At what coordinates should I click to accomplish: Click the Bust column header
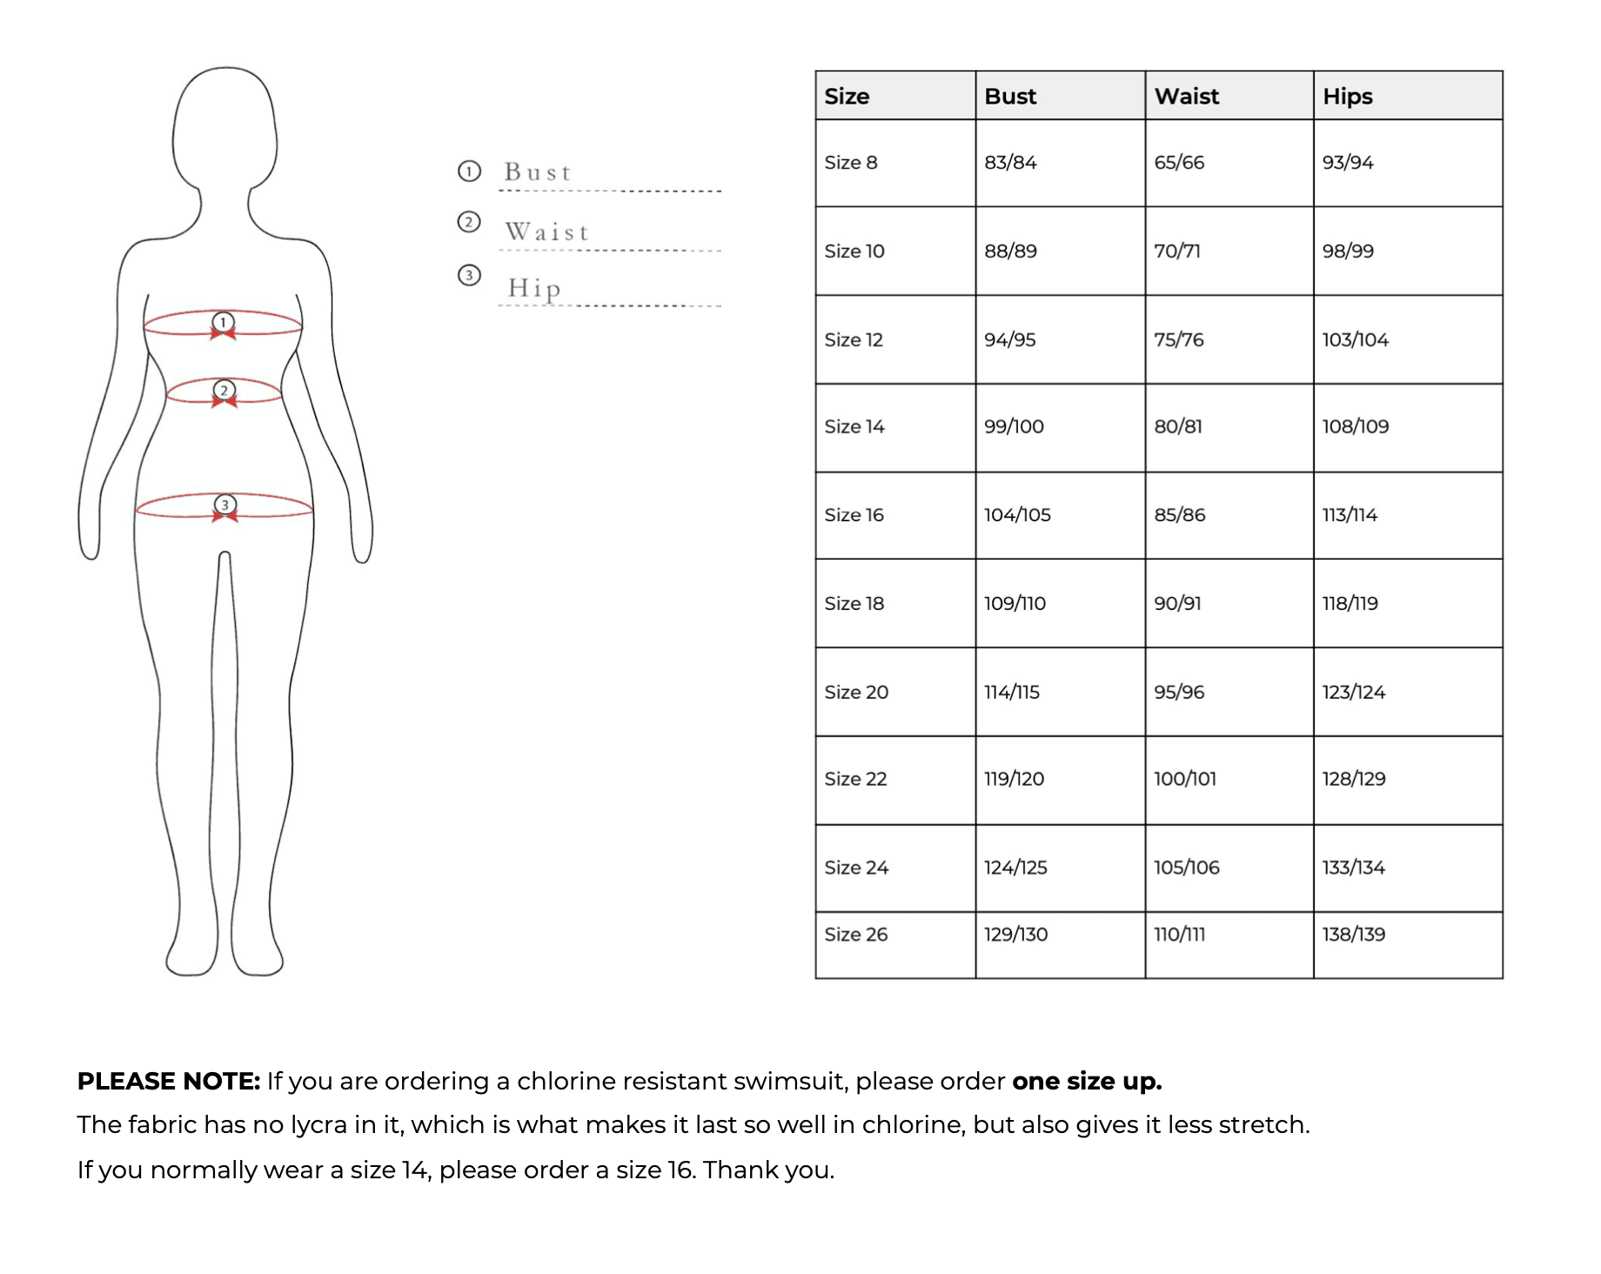tap(1010, 97)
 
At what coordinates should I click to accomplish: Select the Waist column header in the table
tap(1186, 97)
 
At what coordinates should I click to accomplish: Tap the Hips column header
tap(1347, 97)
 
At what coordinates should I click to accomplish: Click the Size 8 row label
tap(850, 163)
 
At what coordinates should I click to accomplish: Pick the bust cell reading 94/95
tap(1009, 339)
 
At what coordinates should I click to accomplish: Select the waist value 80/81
tap(1177, 426)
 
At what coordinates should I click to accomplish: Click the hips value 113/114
tap(1350, 515)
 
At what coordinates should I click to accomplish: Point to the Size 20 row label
tap(855, 692)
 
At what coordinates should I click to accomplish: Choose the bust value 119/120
tap(1014, 779)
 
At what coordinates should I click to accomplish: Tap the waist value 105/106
tap(1186, 868)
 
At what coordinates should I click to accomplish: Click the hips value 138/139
tap(1353, 935)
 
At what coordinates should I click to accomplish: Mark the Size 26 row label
tap(855, 935)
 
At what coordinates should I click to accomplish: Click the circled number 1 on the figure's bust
tap(224, 322)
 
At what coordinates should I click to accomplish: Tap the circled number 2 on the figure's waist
tap(224, 390)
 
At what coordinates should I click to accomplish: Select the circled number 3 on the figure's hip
tap(225, 504)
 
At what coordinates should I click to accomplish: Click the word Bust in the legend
tap(538, 172)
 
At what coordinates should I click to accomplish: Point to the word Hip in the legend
tap(534, 288)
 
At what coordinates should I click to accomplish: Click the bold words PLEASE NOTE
tap(169, 1081)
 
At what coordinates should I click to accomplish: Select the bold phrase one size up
tap(1086, 1081)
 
